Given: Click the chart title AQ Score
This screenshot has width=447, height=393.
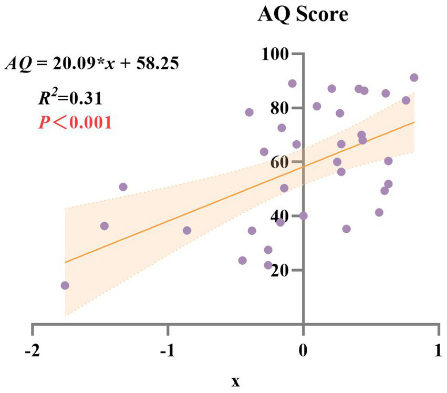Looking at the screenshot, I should [303, 14].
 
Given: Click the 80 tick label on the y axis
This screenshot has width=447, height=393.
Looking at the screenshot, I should [279, 108].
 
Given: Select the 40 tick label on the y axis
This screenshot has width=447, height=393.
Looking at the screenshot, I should [279, 216].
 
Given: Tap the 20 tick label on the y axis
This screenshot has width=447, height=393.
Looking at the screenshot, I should [279, 270].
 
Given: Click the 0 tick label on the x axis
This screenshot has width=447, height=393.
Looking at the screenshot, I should [303, 351].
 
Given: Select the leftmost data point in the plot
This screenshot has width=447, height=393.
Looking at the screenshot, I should [65, 285].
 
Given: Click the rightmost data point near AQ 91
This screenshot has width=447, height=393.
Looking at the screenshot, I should [414, 78].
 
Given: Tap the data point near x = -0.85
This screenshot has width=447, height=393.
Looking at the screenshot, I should [187, 231].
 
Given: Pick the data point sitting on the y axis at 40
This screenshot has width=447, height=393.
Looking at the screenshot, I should [303, 216].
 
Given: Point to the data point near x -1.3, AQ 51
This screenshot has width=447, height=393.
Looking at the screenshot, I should [123, 187].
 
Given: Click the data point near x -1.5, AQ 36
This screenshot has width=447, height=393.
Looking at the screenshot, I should [104, 226].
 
